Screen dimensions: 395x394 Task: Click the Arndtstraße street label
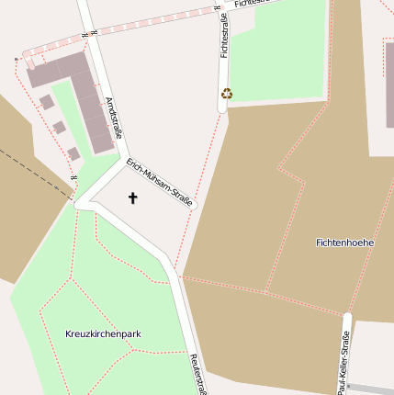coord(115,118)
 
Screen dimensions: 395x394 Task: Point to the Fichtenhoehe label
coord(344,243)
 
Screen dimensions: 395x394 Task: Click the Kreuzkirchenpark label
coord(104,333)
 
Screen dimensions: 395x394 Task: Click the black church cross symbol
coord(132,197)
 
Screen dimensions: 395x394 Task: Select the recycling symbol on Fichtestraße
coord(227,93)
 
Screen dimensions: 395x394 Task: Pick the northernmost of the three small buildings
coord(46,102)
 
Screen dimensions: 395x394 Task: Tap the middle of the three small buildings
coord(59,127)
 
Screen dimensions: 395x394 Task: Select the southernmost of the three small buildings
coord(73,152)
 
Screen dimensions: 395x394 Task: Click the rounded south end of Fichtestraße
coord(222,107)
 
